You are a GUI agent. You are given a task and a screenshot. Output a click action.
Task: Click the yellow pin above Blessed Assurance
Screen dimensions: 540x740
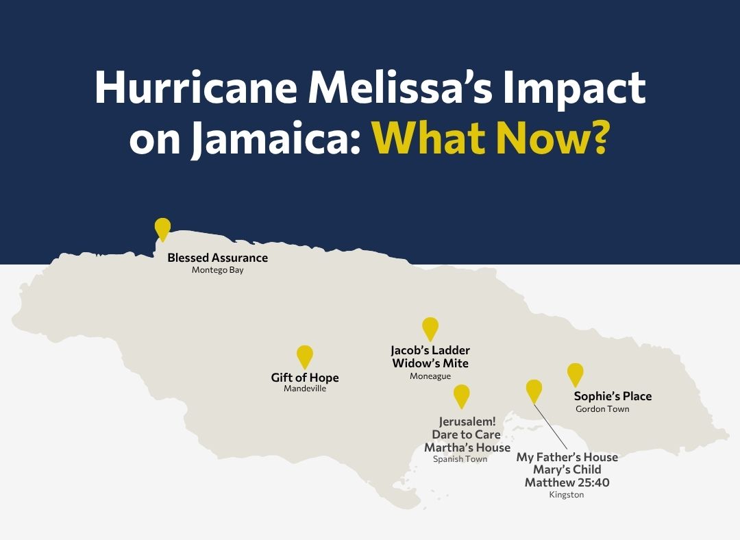point(162,228)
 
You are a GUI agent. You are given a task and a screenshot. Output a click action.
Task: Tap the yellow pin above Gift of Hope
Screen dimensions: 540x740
point(305,356)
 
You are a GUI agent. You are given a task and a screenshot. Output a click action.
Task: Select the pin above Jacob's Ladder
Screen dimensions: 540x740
point(430,328)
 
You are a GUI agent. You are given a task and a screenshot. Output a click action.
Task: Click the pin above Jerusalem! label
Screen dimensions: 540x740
point(462,395)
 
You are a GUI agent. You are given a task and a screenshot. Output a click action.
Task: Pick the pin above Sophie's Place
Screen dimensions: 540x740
point(576,373)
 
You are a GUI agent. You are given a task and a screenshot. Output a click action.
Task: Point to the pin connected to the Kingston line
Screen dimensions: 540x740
point(534,390)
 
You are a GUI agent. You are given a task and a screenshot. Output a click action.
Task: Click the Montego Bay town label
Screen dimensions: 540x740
point(217,270)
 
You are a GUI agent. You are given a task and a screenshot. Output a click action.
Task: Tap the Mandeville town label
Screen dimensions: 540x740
point(305,389)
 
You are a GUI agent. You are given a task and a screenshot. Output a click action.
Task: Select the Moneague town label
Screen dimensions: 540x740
point(430,376)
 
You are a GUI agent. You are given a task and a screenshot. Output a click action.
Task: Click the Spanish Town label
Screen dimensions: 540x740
point(460,459)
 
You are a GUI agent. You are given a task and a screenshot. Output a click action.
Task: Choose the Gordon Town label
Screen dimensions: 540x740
point(602,409)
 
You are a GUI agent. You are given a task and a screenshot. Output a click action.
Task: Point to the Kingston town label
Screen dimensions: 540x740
point(567,495)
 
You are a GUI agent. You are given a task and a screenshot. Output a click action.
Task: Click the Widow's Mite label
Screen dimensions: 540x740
point(430,363)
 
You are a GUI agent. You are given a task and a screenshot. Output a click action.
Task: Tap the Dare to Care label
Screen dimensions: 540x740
point(466,434)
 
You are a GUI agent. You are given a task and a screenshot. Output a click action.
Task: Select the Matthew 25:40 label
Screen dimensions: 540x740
point(567,482)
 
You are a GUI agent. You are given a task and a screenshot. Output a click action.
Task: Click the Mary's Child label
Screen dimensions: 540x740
point(567,469)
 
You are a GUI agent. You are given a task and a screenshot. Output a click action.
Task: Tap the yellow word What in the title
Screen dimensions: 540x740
point(428,137)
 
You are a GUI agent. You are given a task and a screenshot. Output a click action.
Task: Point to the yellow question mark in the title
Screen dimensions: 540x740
point(597,137)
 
